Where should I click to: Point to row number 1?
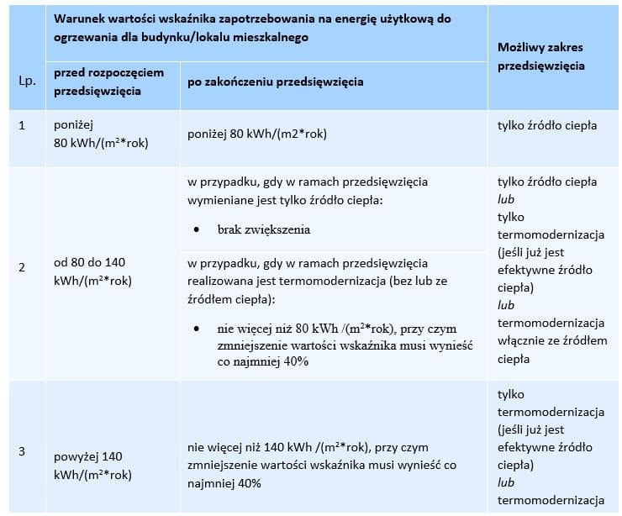pyautogui.click(x=22, y=125)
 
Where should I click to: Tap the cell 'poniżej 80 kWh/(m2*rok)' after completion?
pyautogui.click(x=257, y=134)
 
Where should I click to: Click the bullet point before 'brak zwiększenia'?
pyautogui.click(x=196, y=229)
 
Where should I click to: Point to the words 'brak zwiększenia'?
pyautogui.click(x=252, y=229)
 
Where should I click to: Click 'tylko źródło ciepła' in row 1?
pyautogui.click(x=547, y=125)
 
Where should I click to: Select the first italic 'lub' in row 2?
pyautogui.click(x=506, y=199)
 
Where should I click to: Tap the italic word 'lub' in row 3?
pyautogui.click(x=506, y=483)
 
